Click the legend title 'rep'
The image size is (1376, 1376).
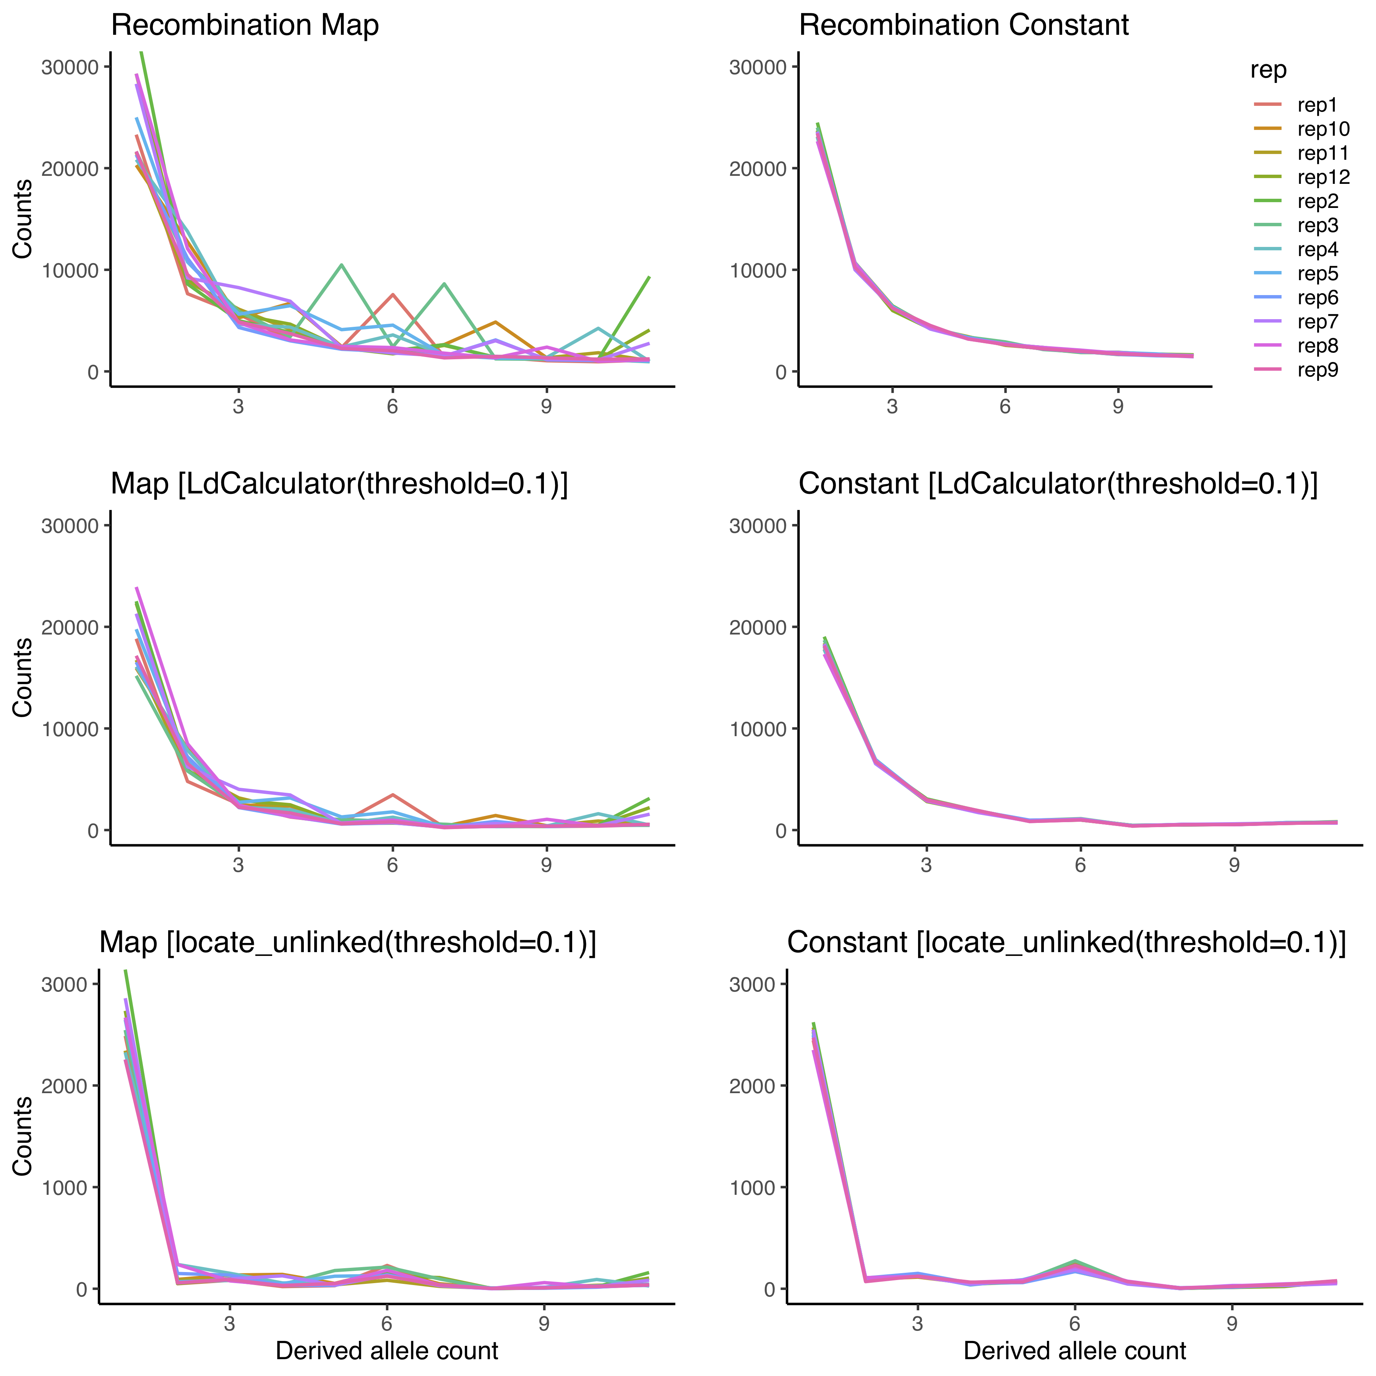pos(1268,70)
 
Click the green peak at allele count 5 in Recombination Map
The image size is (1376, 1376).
pos(342,265)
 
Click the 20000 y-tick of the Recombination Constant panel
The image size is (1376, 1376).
pos(759,169)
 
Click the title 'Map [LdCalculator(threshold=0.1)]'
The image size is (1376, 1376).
pos(339,484)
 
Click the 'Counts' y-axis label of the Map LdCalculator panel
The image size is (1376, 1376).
pos(23,677)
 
